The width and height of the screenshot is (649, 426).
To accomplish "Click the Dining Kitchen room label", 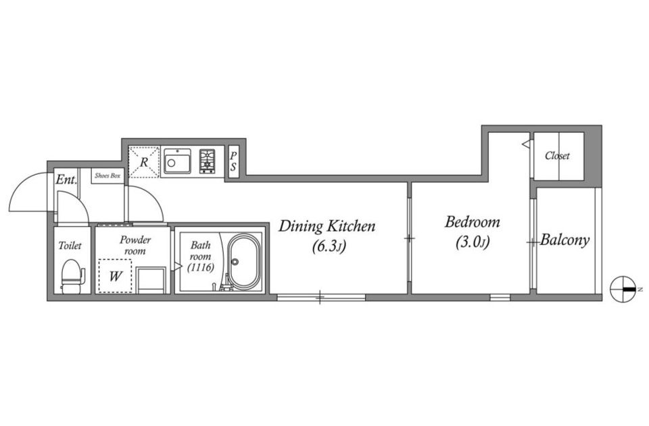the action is click(x=327, y=226).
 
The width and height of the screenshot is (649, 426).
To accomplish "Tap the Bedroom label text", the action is click(x=473, y=222).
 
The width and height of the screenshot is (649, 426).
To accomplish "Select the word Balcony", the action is click(x=564, y=240).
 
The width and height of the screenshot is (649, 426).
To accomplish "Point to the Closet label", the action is click(x=557, y=156).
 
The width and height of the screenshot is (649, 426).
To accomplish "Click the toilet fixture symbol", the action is click(x=72, y=276).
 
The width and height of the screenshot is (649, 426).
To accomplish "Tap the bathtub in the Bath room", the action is click(x=245, y=262).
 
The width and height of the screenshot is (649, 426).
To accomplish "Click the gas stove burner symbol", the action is click(x=207, y=161).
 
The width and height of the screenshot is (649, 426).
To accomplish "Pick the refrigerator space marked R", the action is click(x=143, y=162).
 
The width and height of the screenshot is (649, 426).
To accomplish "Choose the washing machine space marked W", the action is click(x=115, y=276).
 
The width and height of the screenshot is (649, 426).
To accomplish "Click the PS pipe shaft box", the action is click(x=233, y=162).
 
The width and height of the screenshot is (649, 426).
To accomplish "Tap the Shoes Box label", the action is click(x=107, y=176).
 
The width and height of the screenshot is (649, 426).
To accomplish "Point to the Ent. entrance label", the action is click(x=66, y=180).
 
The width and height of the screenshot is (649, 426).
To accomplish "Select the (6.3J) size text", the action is click(x=329, y=246).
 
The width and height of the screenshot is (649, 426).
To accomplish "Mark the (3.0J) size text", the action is click(x=473, y=242).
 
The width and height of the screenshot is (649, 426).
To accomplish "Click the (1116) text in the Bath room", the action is click(x=201, y=268).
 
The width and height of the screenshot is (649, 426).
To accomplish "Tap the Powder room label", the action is click(x=135, y=245).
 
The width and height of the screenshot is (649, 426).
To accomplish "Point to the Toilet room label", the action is click(x=70, y=246).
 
